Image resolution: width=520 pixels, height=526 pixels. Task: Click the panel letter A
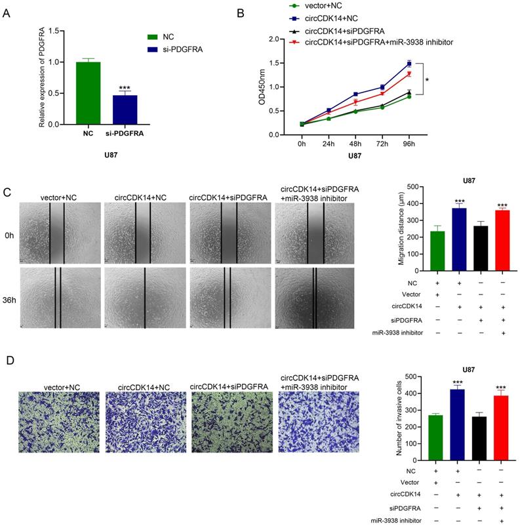tap(7, 11)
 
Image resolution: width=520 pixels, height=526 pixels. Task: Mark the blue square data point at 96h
tap(409, 64)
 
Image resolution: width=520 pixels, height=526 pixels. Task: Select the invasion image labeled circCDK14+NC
tap(144, 422)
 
